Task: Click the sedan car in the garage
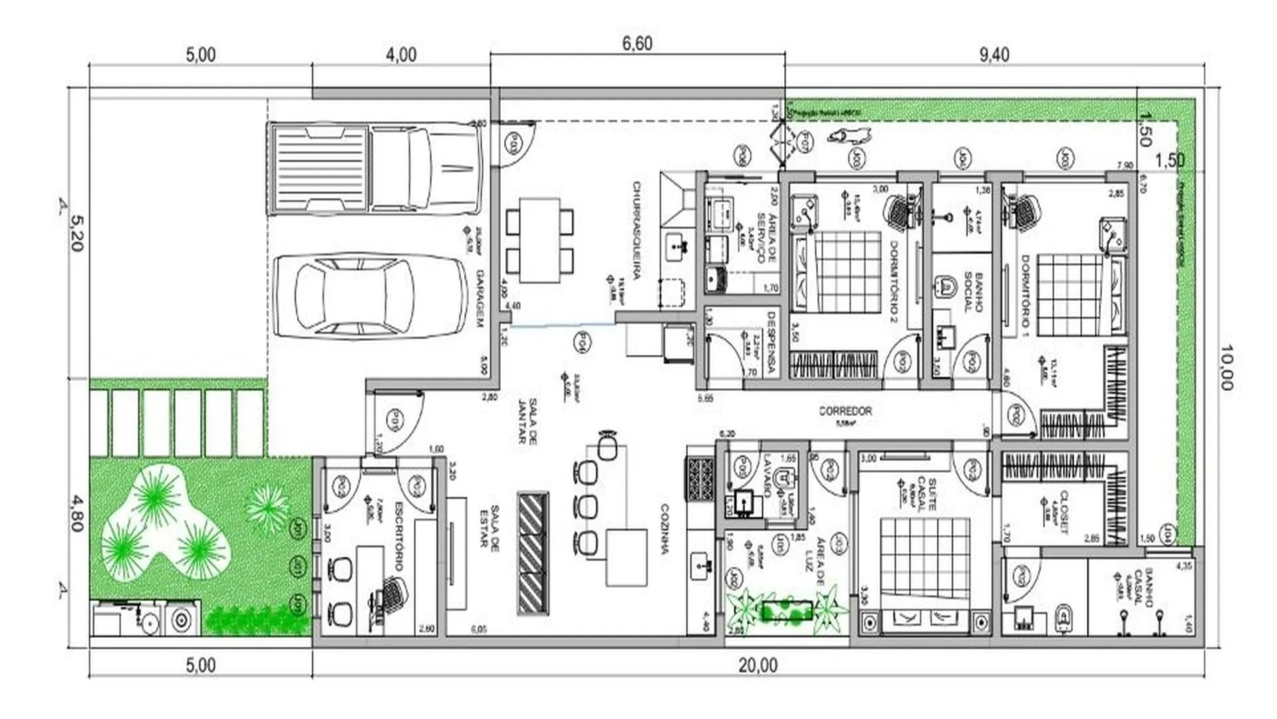tap(371, 296)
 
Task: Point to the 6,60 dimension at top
tap(637, 44)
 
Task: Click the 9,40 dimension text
tap(994, 55)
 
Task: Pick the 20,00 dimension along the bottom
tap(758, 664)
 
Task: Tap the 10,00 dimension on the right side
tap(1226, 367)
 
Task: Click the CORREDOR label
tap(845, 411)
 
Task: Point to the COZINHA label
tap(664, 529)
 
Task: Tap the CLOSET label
tap(1064, 512)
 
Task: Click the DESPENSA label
tap(772, 343)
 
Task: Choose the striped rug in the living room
tap(533, 553)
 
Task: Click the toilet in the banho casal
tap(1064, 617)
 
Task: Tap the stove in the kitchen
tap(700, 478)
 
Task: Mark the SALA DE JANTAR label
tap(527, 421)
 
